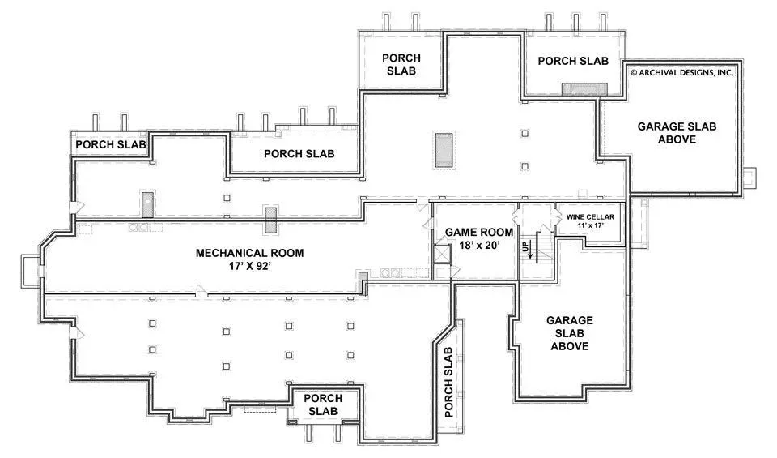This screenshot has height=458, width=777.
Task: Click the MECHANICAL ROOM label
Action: (x=249, y=253)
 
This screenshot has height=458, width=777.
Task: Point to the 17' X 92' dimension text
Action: (x=249, y=266)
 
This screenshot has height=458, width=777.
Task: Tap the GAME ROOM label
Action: (x=478, y=232)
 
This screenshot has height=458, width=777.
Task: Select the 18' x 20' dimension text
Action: (x=478, y=245)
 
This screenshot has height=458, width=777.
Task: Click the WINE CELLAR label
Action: (x=590, y=217)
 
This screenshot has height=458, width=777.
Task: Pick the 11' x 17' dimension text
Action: (x=590, y=225)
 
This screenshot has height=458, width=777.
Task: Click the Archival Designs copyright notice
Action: (x=681, y=72)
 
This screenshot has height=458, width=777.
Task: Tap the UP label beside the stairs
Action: (x=525, y=246)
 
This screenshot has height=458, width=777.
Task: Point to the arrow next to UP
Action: (x=531, y=250)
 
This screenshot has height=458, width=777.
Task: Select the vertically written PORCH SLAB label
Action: (x=448, y=382)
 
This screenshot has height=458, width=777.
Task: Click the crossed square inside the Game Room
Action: (x=442, y=253)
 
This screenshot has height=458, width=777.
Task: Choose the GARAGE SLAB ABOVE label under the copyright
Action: (x=677, y=133)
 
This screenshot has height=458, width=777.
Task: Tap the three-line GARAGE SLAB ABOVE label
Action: (x=570, y=333)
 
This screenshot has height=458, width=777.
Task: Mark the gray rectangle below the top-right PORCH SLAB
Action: (x=584, y=89)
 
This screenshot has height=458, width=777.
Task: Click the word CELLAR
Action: (x=601, y=217)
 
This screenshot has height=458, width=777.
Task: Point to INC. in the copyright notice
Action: (x=725, y=72)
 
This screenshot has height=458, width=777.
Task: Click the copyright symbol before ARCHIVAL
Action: (x=634, y=72)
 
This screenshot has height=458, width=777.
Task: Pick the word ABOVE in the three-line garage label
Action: (x=570, y=346)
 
